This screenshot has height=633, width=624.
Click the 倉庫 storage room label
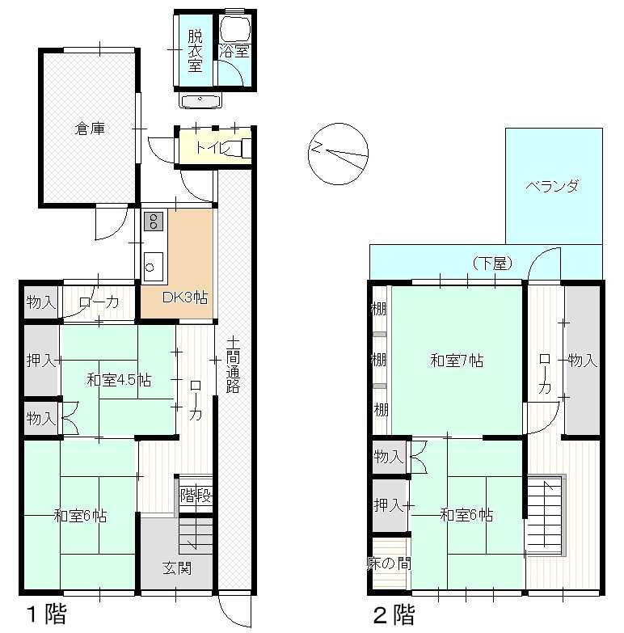[90, 129]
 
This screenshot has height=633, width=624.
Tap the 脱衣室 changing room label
[195, 51]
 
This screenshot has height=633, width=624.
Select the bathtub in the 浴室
[235, 29]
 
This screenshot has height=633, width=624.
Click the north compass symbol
[338, 154]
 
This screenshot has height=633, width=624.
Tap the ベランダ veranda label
[552, 187]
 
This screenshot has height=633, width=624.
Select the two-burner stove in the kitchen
[154, 222]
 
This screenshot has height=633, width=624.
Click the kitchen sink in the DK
[154, 267]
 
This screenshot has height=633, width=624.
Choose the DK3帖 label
[185, 298]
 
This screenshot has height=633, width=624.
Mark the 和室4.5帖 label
[119, 380]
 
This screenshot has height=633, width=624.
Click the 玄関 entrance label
[177, 568]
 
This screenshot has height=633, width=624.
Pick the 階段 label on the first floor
[196, 495]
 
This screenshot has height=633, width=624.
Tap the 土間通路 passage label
[233, 365]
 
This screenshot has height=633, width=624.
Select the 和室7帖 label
[457, 360]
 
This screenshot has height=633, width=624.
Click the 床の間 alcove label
[389, 563]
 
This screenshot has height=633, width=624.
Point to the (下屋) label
[492, 264]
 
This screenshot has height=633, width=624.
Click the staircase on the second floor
[545, 516]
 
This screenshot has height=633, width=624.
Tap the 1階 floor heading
[46, 614]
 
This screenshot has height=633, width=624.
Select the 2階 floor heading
[394, 615]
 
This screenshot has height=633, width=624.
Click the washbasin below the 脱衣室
[200, 100]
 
